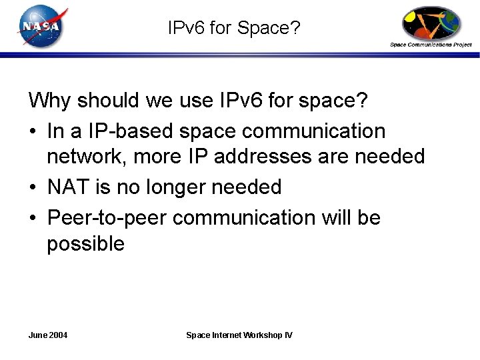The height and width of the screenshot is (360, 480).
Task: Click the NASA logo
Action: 41,26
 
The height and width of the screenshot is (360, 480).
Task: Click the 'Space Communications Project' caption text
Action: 431,45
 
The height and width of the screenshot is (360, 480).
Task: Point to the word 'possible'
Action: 85,244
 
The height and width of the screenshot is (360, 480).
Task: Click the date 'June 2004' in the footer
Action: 48,335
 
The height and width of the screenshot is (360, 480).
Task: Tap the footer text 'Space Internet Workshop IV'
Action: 239,335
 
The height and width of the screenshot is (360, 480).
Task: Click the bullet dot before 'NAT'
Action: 33,188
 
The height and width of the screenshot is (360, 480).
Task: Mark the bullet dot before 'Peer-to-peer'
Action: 33,219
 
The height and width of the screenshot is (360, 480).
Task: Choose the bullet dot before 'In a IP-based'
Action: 33,132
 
